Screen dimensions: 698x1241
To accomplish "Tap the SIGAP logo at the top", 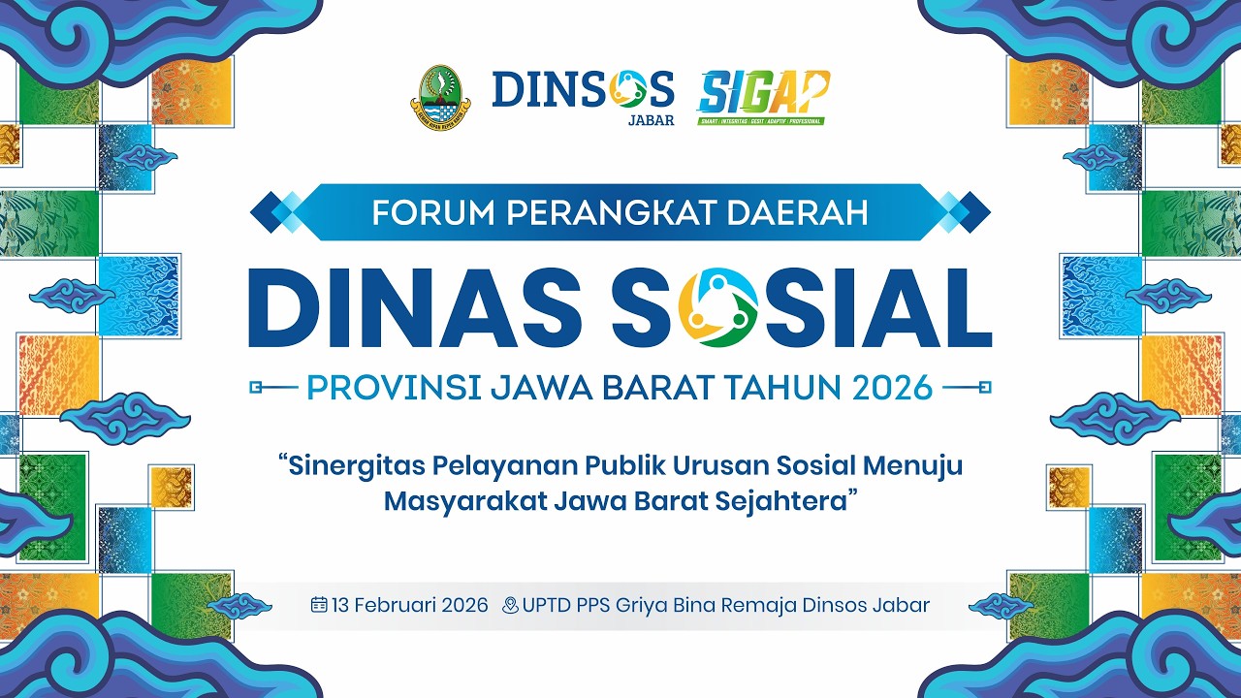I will (x=764, y=94).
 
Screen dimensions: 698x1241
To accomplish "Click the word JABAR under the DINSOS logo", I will (x=651, y=121).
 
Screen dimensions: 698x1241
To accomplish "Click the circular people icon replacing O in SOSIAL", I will (x=719, y=307).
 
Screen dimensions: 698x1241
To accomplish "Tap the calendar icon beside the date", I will (x=319, y=605).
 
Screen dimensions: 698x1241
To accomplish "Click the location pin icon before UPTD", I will (x=510, y=606).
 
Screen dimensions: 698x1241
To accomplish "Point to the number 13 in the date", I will (x=340, y=606).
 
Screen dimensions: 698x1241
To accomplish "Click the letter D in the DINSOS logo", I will (x=508, y=89).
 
